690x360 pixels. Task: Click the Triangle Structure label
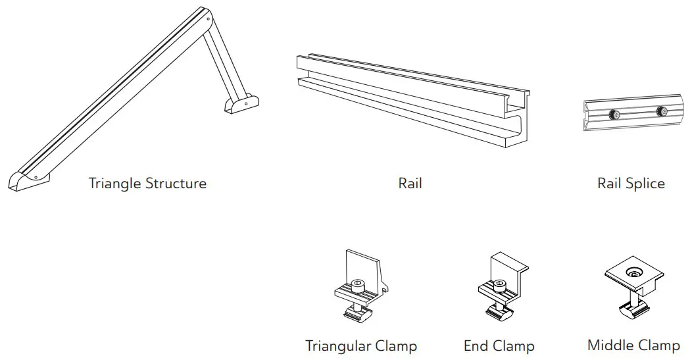point(147,183)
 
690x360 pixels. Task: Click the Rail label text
point(410,183)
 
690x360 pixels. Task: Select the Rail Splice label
point(631,183)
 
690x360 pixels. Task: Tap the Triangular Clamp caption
point(361,346)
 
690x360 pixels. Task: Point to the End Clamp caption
point(499,346)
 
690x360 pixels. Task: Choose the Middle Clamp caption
point(633,345)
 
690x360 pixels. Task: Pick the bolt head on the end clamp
point(500,286)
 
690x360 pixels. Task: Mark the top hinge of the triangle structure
point(207,20)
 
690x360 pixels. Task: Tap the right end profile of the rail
point(520,118)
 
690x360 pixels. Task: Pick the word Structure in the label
point(174,183)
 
